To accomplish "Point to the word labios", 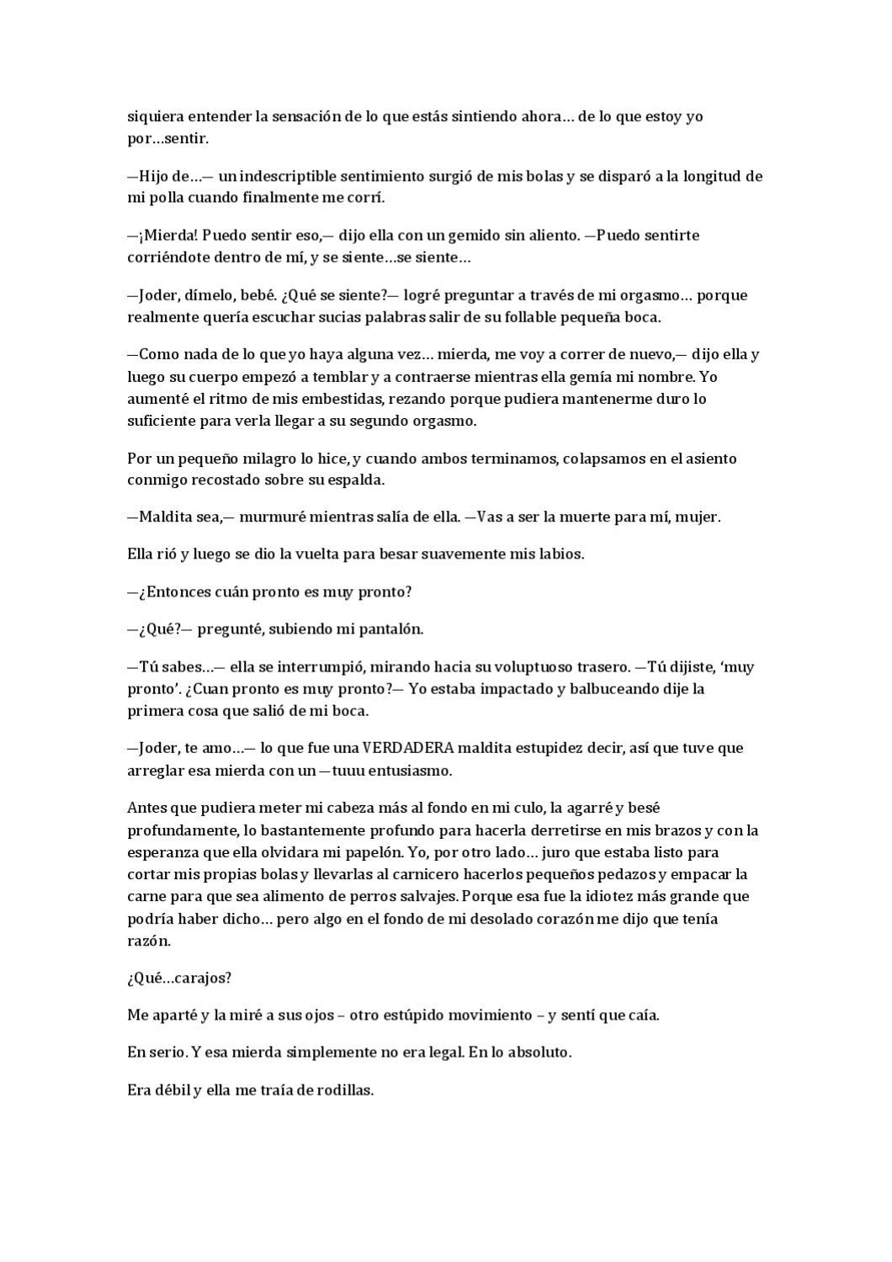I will click(x=562, y=554).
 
